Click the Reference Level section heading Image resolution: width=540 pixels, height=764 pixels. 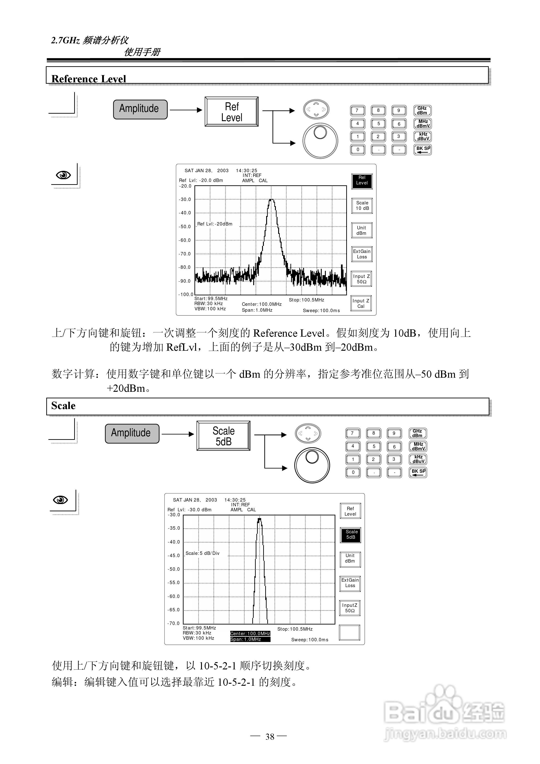(x=88, y=79)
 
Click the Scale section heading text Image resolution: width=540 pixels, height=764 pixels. (x=63, y=406)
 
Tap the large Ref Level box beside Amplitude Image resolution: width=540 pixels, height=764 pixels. (x=232, y=112)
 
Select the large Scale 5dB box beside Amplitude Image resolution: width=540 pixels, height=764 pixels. (x=223, y=436)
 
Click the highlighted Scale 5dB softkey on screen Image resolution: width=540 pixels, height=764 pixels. (x=351, y=534)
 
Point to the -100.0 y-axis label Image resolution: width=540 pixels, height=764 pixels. (x=186, y=294)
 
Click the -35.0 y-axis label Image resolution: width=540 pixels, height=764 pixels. (x=174, y=528)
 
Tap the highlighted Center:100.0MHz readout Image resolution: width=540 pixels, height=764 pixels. (x=250, y=634)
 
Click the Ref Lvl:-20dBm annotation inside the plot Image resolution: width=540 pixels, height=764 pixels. (x=215, y=224)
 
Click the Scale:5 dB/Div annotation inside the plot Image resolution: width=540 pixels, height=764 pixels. (x=202, y=553)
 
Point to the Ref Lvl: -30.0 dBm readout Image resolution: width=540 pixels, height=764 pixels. (x=189, y=510)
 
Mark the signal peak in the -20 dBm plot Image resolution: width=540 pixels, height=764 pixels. (x=272, y=200)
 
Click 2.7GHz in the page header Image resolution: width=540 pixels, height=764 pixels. (x=65, y=40)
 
